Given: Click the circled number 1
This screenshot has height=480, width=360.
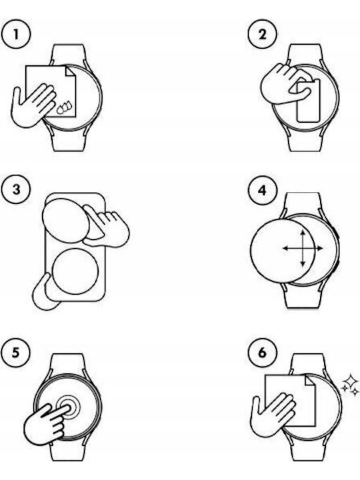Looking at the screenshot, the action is [16, 34].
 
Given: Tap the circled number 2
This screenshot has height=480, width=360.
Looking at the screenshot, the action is [263, 34].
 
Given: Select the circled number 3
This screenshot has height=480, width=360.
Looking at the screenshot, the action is [16, 189].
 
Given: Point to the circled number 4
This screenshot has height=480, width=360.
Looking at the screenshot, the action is [263, 191].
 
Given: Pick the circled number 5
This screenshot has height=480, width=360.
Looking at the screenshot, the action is [16, 353].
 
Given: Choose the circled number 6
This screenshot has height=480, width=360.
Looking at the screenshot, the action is [263, 353].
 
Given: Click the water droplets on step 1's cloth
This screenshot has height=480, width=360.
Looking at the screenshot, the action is [65, 107].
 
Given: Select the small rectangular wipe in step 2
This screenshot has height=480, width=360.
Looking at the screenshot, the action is [308, 101].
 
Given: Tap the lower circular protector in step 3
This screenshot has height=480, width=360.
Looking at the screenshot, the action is [75, 271].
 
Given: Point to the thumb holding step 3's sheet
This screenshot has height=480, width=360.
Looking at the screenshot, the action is [45, 293].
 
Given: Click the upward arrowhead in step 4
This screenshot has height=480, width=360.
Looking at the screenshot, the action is [303, 233].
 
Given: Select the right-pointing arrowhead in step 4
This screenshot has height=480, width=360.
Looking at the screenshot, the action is [319, 248].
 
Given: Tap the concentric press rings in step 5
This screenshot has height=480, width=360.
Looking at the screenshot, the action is [68, 407].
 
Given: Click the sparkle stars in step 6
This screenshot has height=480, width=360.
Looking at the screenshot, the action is [350, 385].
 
